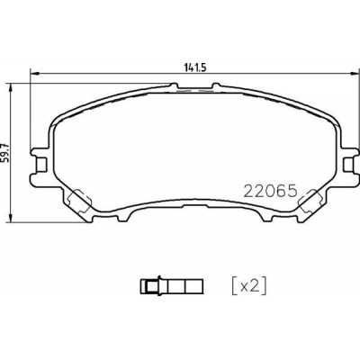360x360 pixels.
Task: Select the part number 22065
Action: click(x=271, y=191)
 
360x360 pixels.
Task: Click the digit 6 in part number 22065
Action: click(x=282, y=191)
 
